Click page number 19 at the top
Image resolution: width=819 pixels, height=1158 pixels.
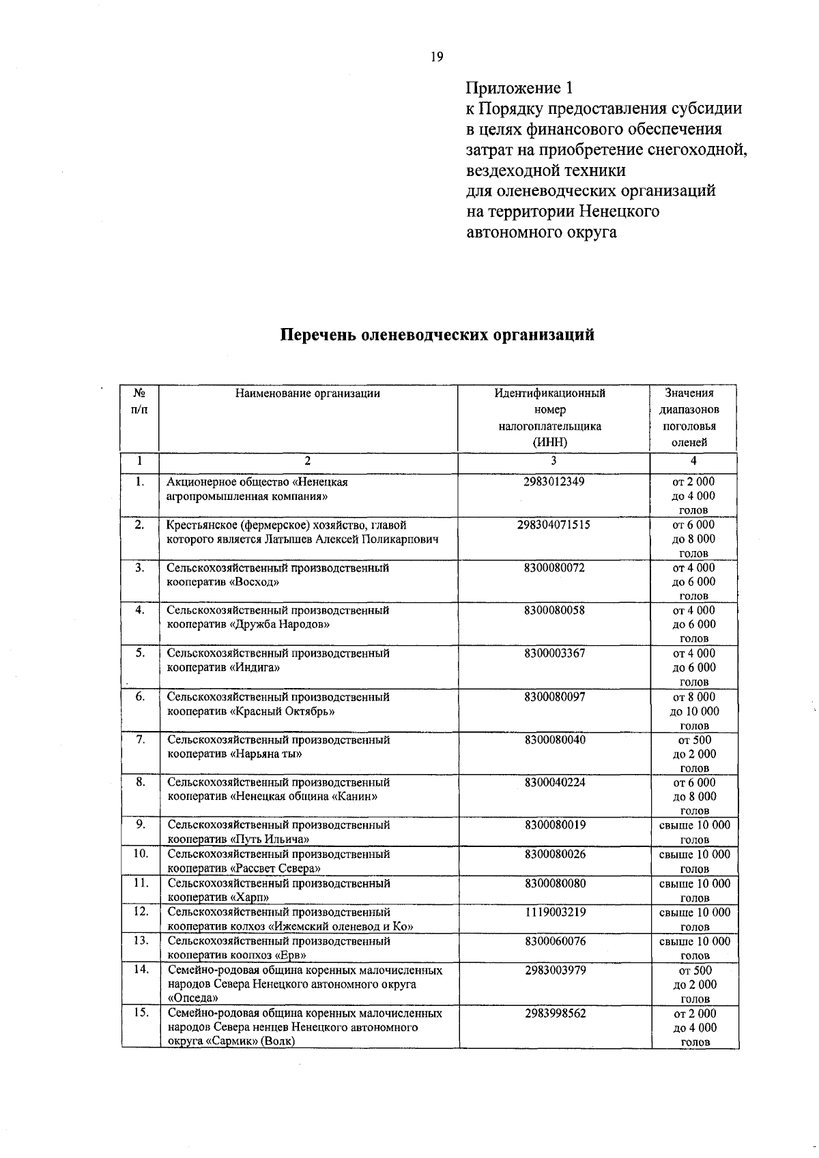tap(437, 57)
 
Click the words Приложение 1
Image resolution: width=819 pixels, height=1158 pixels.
tap(519, 88)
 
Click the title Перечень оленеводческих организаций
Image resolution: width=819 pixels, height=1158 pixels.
tap(437, 335)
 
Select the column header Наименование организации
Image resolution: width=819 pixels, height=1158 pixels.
tap(307, 393)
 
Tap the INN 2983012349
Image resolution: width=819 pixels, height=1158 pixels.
tap(554, 481)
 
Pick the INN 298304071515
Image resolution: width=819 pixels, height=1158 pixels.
tap(554, 524)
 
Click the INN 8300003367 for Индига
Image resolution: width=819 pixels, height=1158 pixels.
tap(554, 653)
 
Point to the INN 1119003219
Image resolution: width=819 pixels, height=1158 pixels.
tap(555, 912)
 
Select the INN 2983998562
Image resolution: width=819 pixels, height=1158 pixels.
tap(555, 1013)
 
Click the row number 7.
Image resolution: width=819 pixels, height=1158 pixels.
tap(140, 739)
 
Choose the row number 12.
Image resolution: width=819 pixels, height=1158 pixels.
tap(140, 912)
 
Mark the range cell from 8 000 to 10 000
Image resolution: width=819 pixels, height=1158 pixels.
tap(694, 711)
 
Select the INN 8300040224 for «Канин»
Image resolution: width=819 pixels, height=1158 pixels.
tap(554, 782)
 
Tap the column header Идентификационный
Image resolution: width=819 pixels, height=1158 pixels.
tap(549, 393)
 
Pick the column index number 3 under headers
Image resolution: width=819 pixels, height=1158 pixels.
tap(554, 461)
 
